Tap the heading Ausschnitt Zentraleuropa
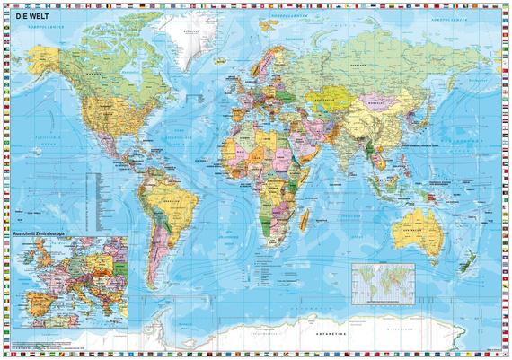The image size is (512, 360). (x=42, y=236)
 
